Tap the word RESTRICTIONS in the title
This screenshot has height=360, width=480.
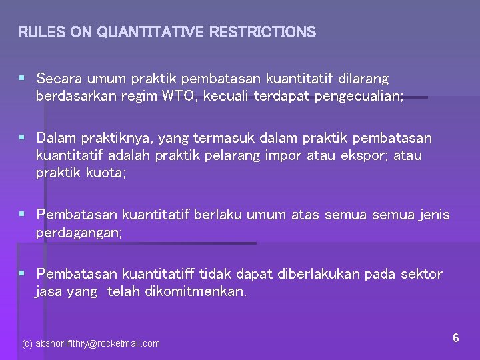pos(262,32)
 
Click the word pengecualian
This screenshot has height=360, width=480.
pos(360,96)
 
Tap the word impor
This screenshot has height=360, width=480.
pos(301,155)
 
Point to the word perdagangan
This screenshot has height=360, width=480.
pos(79,233)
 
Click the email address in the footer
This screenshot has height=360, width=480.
pos(91,344)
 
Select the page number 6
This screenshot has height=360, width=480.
pos(456,338)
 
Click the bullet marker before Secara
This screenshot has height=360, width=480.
pos(22,79)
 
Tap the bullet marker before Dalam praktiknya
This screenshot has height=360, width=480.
pos(22,138)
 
